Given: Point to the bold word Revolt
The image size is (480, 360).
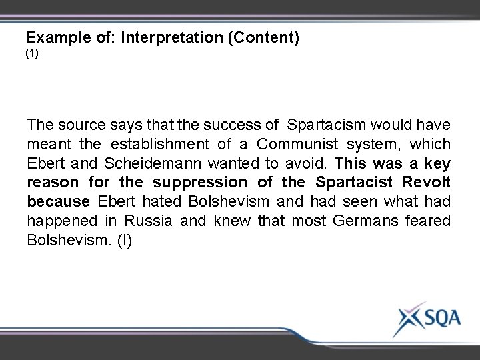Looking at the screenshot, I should [427, 183].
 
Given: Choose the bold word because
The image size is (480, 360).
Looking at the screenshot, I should [59, 202].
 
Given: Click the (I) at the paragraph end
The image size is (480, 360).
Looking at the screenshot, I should [125, 240].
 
